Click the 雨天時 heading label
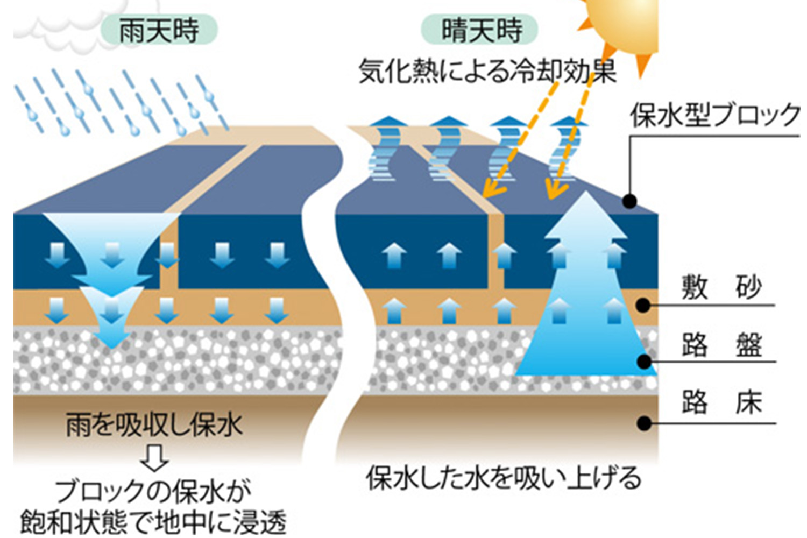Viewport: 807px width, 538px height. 159,30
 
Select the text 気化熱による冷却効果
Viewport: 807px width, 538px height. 487,71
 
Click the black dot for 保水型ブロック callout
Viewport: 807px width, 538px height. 629,201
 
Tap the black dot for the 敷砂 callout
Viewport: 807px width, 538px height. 643,305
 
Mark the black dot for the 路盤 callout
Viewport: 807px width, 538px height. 644,361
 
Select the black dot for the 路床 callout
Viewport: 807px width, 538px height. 644,423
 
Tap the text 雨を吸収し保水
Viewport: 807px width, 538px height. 154,425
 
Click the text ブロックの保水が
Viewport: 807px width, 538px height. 153,491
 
